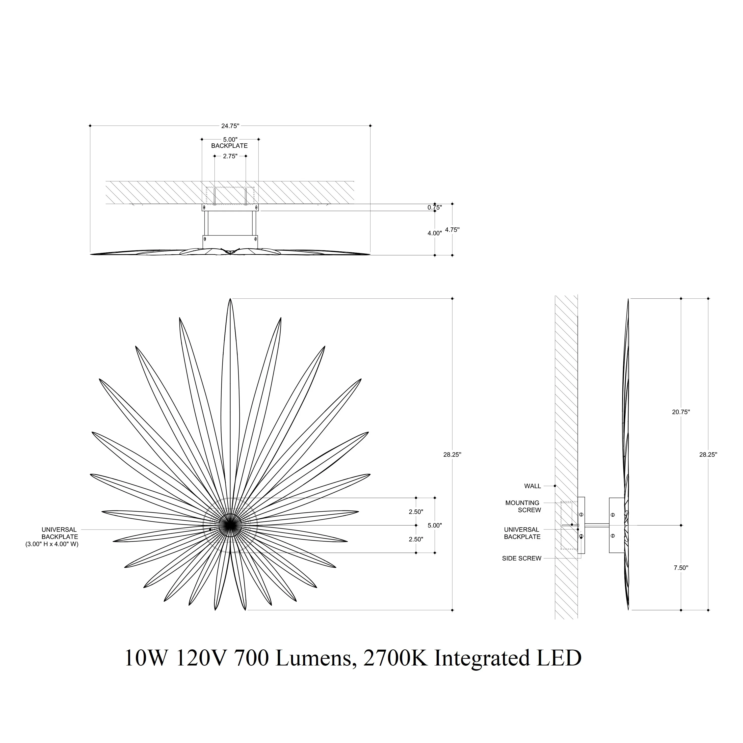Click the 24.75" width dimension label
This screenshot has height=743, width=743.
pos(230,126)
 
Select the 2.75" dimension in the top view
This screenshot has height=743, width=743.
pos(230,156)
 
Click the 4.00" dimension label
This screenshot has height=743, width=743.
pos(435,233)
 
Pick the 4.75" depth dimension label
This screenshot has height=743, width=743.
pos(452,230)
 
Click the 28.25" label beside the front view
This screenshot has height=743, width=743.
pos(452,454)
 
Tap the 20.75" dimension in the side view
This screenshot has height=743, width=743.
pos(681,412)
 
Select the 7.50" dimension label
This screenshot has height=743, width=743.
pos(681,568)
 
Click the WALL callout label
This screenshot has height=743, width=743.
pos(533,486)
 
